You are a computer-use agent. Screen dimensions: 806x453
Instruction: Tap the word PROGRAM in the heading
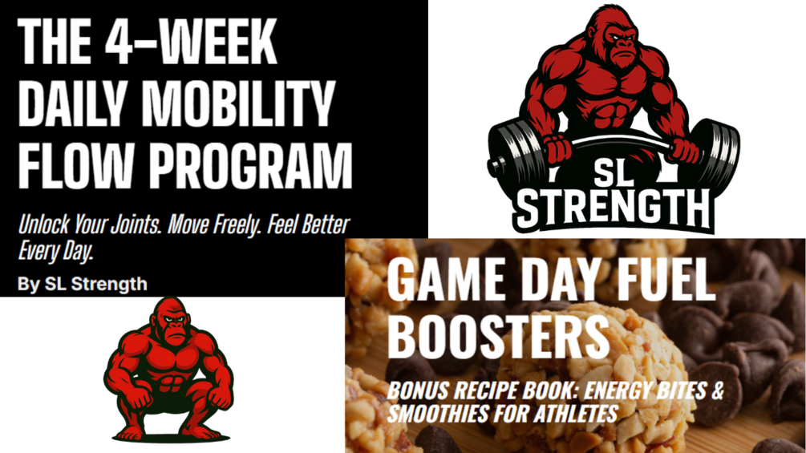pyautogui.click(x=251, y=166)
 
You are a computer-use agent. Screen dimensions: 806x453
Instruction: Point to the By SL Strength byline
pyautogui.click(x=83, y=284)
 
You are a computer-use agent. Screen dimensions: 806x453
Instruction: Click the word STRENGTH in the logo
pyautogui.click(x=614, y=208)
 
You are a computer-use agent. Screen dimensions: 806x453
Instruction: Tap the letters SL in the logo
pyautogui.click(x=613, y=173)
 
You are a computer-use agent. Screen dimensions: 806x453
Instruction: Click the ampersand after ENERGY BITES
pyautogui.click(x=717, y=390)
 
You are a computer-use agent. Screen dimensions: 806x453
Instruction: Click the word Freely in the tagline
pyautogui.click(x=234, y=224)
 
